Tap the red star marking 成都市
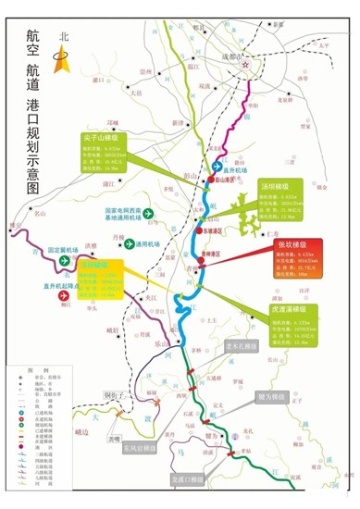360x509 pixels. click(x=245, y=67)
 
